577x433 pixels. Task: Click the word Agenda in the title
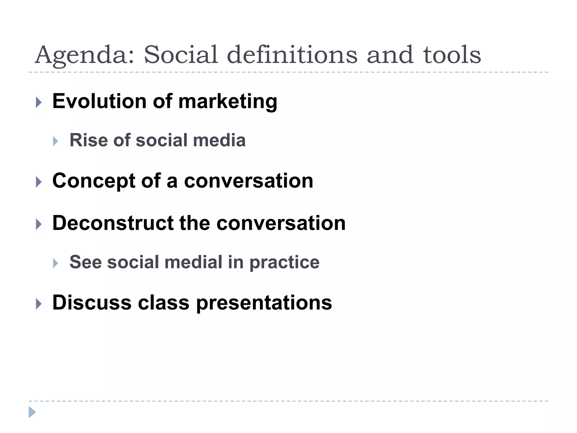(85, 55)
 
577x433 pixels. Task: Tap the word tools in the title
(452, 55)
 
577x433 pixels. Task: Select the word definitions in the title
(292, 55)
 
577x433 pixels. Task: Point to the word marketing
(228, 101)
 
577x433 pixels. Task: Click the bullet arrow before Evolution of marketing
(39, 103)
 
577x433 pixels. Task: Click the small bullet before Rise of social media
(56, 141)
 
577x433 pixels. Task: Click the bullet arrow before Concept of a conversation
(39, 182)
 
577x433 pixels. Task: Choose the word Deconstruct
(113, 223)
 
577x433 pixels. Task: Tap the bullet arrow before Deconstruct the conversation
(39, 224)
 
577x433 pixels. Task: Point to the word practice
(284, 262)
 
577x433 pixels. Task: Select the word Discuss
(92, 302)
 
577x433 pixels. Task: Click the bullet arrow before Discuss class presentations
(39, 304)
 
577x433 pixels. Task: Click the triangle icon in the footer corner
(32, 412)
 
